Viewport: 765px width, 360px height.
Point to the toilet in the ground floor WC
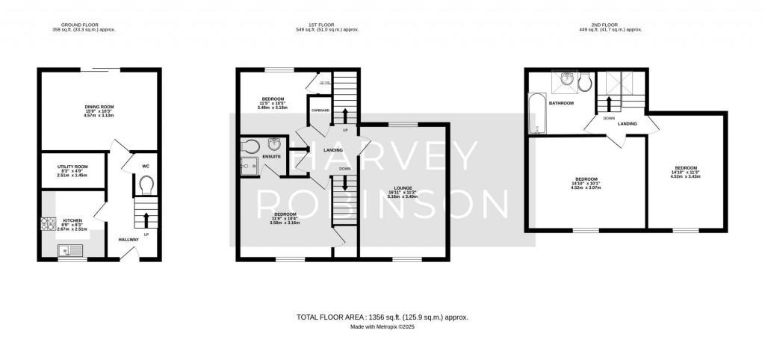point(146,183)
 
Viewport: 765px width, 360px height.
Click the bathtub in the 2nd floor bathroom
point(535,114)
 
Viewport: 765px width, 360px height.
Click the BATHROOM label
point(561,103)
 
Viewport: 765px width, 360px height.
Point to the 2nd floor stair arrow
point(609,102)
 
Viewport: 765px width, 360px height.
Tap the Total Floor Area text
point(382,317)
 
